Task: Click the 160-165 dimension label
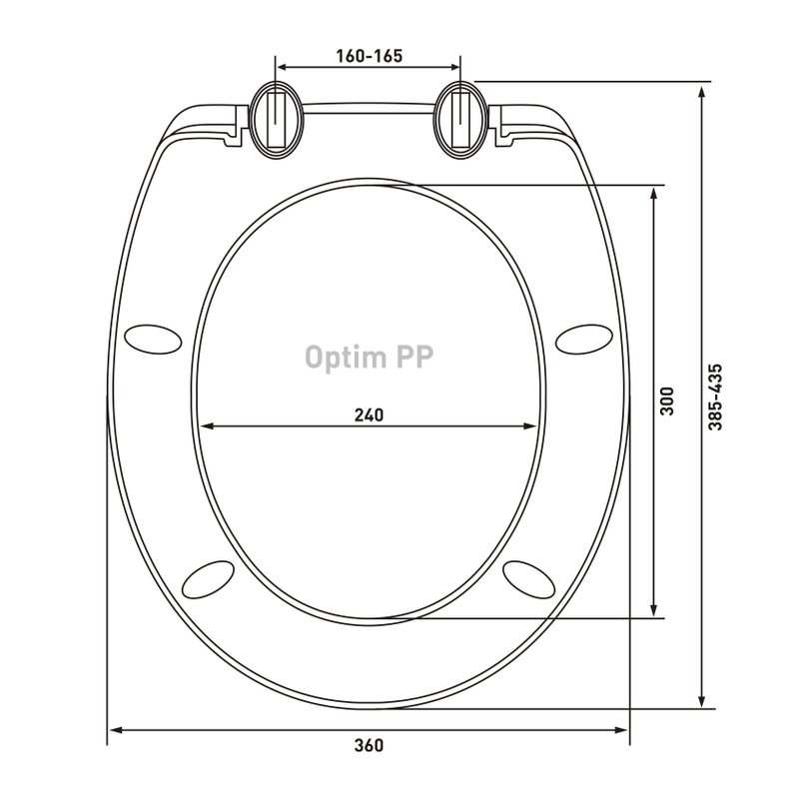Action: [369, 56]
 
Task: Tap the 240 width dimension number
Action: [369, 415]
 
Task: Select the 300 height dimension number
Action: [666, 401]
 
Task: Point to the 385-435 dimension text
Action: [715, 397]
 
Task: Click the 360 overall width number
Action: [369, 745]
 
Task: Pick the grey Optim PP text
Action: [369, 358]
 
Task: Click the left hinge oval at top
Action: [277, 119]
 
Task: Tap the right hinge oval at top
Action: [461, 119]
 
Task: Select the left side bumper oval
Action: [153, 340]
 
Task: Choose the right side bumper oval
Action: [584, 340]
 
